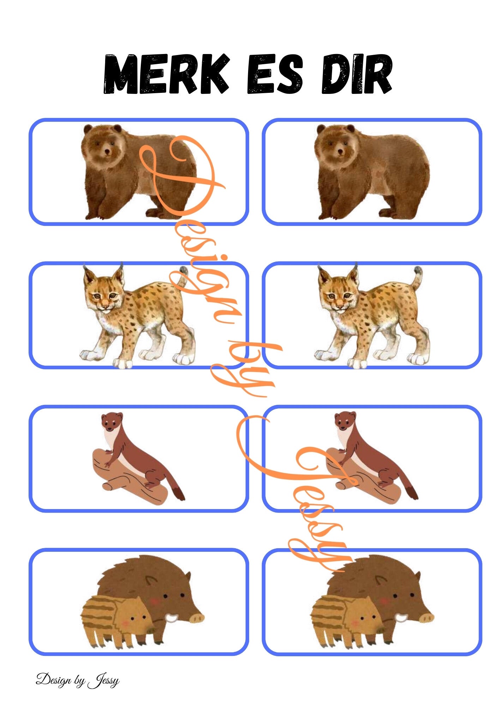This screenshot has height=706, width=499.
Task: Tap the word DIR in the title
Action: click(357, 74)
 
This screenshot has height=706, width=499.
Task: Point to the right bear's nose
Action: click(340, 153)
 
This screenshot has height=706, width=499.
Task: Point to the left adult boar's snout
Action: click(196, 617)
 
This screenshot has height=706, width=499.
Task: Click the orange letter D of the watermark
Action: click(180, 176)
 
